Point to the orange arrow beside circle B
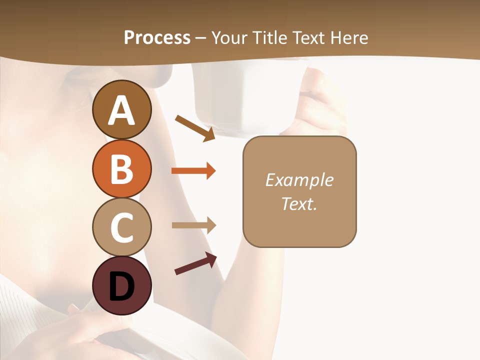coord(193,171)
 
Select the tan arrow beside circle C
coord(193,225)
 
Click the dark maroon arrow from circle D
coord(195,264)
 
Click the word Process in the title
coord(157,38)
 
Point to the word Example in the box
coord(299,180)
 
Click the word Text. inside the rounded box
coord(299,204)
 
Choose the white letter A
coord(122,111)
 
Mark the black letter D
coord(122,286)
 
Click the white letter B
coord(122,169)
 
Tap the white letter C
coord(122,227)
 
